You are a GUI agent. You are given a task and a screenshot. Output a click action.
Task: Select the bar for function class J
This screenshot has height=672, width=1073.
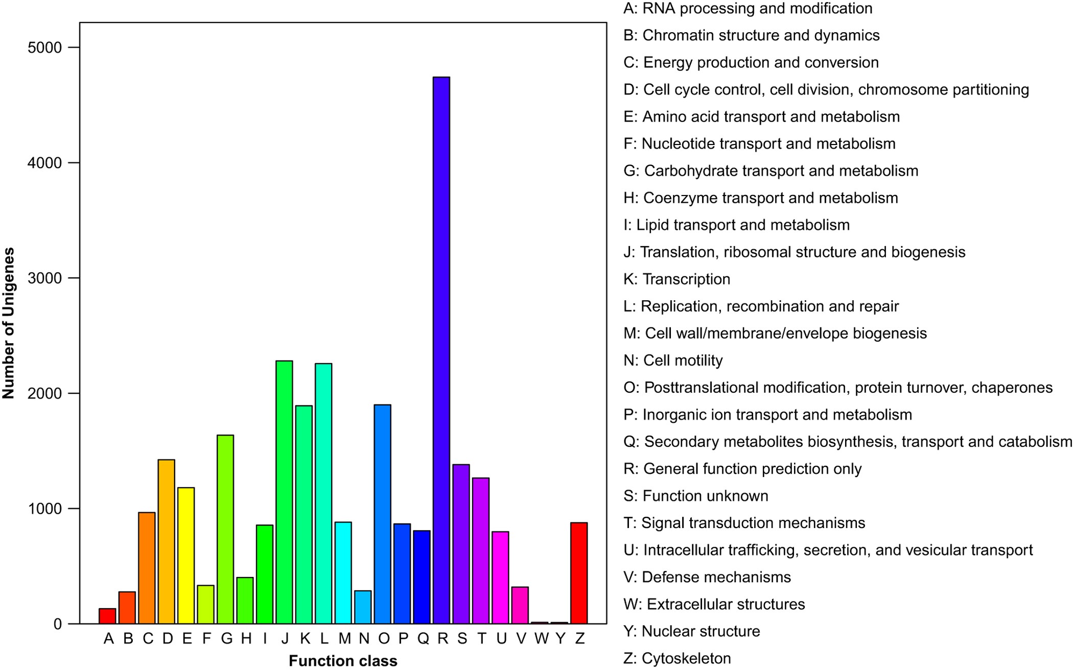coord(284,492)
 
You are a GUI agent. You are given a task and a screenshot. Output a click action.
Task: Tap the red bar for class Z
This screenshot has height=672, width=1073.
coord(579,573)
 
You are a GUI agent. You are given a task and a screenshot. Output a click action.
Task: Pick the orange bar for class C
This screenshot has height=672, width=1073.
coord(147,568)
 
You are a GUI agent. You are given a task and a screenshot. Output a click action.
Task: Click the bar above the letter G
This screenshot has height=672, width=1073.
coord(225,530)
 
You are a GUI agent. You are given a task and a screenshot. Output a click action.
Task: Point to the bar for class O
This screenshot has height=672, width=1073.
coord(382,514)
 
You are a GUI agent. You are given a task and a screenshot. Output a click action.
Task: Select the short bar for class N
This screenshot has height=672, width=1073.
coord(363,607)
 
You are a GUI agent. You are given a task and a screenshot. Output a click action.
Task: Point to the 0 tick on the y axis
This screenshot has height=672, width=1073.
coord(57,624)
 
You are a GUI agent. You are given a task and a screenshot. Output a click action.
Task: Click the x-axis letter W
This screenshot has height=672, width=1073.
coord(541,638)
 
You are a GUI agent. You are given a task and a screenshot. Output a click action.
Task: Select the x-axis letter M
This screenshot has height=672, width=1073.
coord(344,638)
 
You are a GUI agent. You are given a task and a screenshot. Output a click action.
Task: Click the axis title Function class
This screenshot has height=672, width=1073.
coord(343,661)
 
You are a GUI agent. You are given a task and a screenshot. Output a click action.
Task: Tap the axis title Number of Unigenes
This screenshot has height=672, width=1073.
coord(9,323)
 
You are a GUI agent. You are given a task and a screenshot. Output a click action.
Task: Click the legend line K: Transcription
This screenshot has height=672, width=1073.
coord(677,279)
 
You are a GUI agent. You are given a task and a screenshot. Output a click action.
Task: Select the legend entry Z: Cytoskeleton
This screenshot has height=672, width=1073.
coord(677,659)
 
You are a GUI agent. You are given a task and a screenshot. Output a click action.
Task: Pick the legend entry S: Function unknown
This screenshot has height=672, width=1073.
coord(695,496)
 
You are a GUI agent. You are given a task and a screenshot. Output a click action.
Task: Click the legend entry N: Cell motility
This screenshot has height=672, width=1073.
coord(673,361)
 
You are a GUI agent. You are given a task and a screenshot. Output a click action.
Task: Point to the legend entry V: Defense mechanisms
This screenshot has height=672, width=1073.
coord(707,577)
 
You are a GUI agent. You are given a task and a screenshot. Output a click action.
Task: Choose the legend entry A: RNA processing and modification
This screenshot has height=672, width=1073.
coord(748,9)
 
